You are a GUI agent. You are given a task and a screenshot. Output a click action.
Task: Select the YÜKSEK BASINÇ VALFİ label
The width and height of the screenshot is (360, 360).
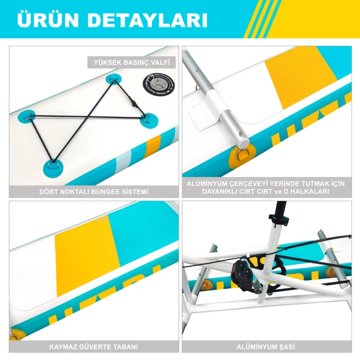click(x=131, y=62)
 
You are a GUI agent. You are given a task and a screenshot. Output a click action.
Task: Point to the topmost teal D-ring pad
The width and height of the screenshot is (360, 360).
click(x=114, y=79)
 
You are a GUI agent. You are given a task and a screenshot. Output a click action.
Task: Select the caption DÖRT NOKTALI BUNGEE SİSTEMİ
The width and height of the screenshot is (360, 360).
click(x=94, y=192)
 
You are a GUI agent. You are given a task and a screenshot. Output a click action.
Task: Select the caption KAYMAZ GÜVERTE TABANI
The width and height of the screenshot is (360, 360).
click(x=94, y=347)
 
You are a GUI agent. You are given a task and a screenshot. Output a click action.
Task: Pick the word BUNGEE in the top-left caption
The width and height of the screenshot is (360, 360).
click(x=92, y=192)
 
